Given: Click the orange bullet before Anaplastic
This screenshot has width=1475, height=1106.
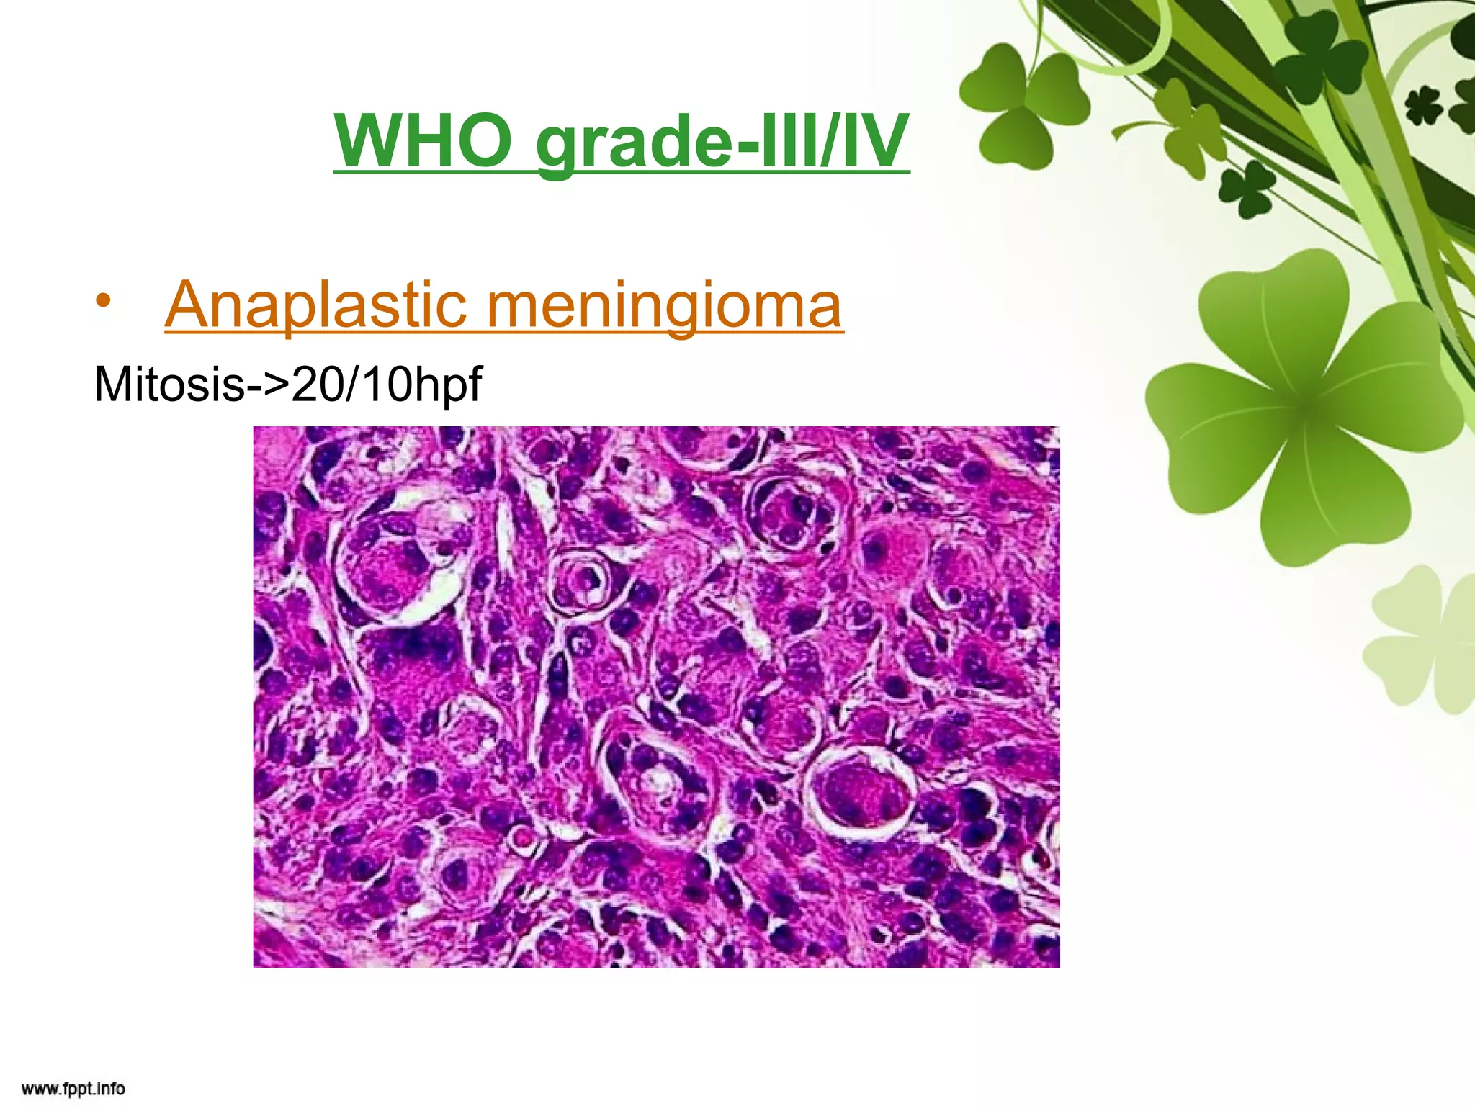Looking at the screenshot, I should (x=104, y=302).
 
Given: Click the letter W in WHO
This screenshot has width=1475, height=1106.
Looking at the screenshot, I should (x=371, y=140).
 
